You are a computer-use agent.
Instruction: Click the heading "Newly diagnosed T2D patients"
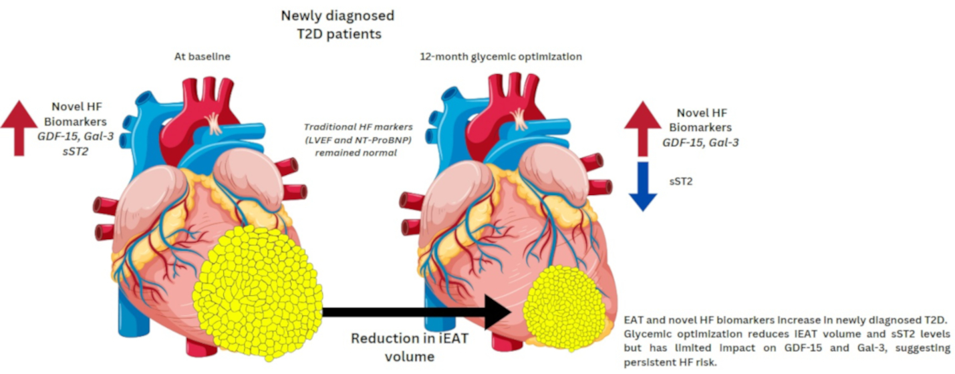click(x=337, y=23)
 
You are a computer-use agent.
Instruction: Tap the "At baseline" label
click(x=202, y=57)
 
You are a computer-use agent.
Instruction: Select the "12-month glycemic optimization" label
click(x=501, y=57)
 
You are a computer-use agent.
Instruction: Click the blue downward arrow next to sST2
click(x=643, y=186)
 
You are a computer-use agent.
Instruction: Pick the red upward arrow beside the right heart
click(x=643, y=129)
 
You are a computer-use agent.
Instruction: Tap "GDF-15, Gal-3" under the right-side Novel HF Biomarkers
click(x=700, y=142)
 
